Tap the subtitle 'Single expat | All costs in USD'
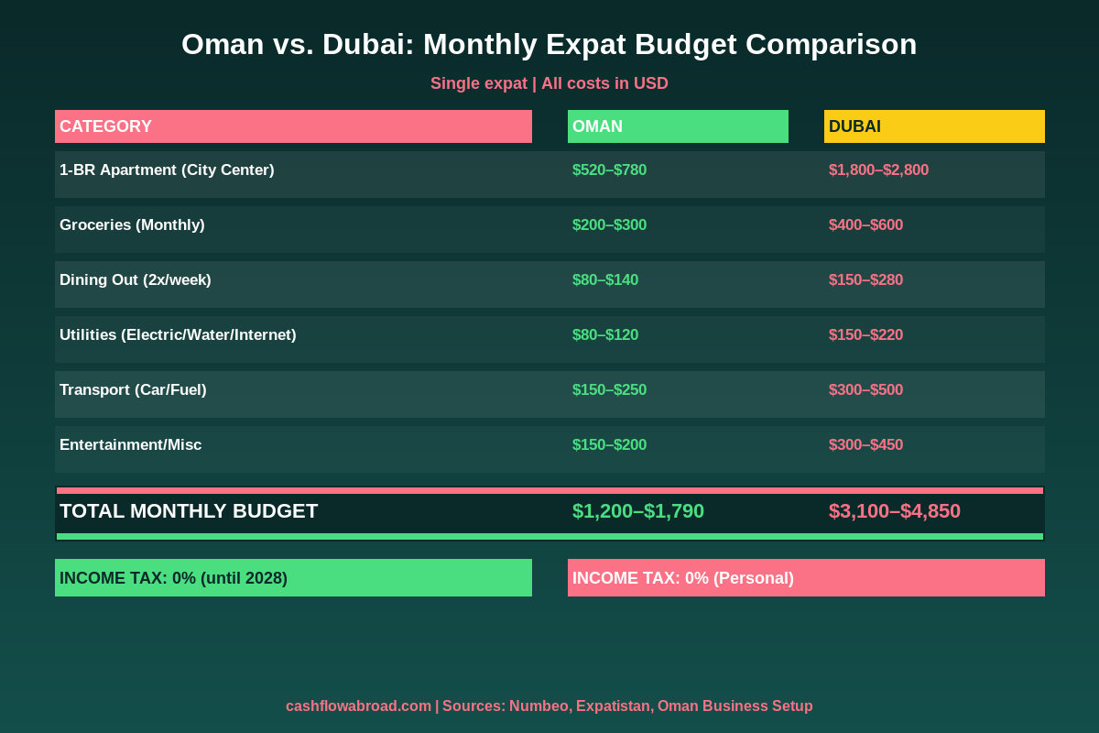coord(549,83)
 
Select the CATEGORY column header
coord(293,126)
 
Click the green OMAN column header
coord(678,126)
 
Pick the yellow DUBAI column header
coord(934,126)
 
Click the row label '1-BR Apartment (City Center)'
coord(167,170)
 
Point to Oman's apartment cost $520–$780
coord(609,170)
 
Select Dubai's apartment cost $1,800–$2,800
coord(878,170)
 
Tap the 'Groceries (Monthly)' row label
coord(132,224)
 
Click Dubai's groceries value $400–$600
coord(865,224)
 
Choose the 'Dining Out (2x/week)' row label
coord(136,279)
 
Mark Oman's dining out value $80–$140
coord(605,279)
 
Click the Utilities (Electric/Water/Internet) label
coord(178,334)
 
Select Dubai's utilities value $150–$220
coord(865,334)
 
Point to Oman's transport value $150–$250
coord(609,389)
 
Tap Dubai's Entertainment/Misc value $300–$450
coord(865,444)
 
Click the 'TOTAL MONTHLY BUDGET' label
coord(189,511)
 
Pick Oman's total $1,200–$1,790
coord(638,511)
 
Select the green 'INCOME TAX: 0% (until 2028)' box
coord(293,578)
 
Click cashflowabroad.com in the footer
coord(358,706)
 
